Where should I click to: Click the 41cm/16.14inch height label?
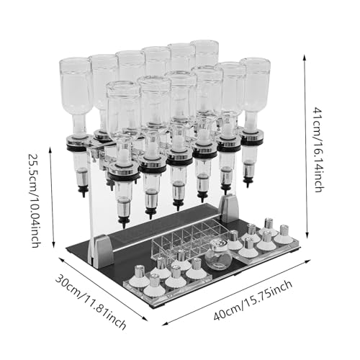(x=319, y=150)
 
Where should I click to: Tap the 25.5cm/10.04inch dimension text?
(x=36, y=200)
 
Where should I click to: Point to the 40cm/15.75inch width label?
(x=253, y=300)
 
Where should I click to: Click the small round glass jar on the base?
(x=218, y=255)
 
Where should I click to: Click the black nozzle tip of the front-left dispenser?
(x=124, y=222)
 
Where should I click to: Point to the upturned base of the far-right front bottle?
(x=255, y=63)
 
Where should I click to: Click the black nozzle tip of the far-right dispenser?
(x=248, y=183)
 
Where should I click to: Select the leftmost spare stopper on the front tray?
(x=138, y=274)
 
